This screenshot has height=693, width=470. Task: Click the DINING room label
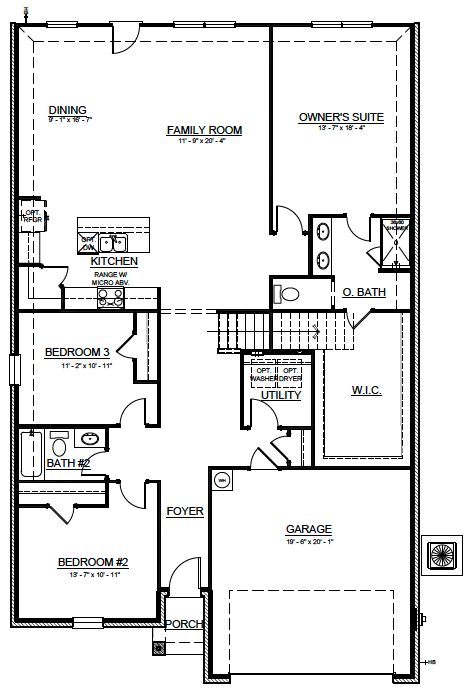(x=68, y=110)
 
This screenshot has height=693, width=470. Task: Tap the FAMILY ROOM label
(x=204, y=130)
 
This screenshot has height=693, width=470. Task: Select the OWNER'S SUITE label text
(x=341, y=117)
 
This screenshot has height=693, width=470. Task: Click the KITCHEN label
(x=114, y=261)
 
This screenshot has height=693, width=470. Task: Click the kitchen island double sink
(x=113, y=241)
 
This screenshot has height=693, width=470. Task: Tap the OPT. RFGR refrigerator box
(x=31, y=217)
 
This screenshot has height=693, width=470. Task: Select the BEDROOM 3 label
(x=77, y=351)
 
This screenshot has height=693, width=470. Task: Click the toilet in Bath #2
(x=59, y=445)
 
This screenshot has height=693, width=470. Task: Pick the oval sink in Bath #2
(x=90, y=438)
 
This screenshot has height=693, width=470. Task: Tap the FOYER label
(x=185, y=511)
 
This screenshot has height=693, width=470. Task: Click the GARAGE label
(x=308, y=529)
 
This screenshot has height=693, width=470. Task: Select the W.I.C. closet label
(x=367, y=389)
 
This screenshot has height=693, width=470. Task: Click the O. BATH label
(x=364, y=292)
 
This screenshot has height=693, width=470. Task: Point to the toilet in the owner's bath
(x=288, y=294)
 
